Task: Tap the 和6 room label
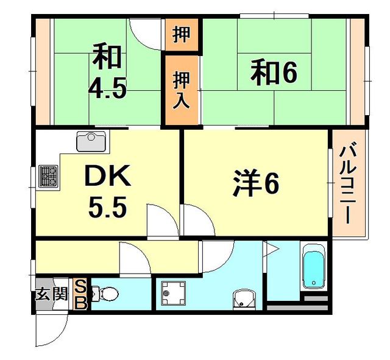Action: click(x=274, y=73)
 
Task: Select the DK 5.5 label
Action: click(x=107, y=192)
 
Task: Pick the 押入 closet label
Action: click(x=181, y=90)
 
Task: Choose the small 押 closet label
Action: click(x=181, y=35)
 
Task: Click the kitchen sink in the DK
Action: click(x=91, y=141)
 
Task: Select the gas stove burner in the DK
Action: click(x=48, y=176)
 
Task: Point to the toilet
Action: click(x=107, y=294)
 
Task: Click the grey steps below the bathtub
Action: click(x=316, y=300)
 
